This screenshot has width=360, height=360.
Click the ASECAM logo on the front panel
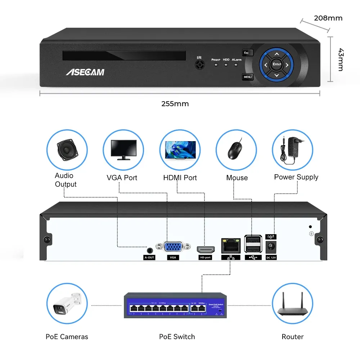tap(85, 72)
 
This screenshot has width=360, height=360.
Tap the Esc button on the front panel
tap(247, 53)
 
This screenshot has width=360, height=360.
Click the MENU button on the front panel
tap(247, 77)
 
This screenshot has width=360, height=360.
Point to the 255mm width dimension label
tap(175, 104)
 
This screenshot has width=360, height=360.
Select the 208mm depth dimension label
tap(328, 18)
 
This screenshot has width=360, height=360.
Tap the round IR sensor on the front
tap(199, 65)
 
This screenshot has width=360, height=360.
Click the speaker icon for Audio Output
tap(67, 150)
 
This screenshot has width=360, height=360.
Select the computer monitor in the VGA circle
tap(123, 149)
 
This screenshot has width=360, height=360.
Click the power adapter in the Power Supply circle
tap(292, 149)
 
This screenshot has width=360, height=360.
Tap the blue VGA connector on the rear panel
tap(173, 248)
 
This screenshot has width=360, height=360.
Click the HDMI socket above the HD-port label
tap(206, 249)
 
